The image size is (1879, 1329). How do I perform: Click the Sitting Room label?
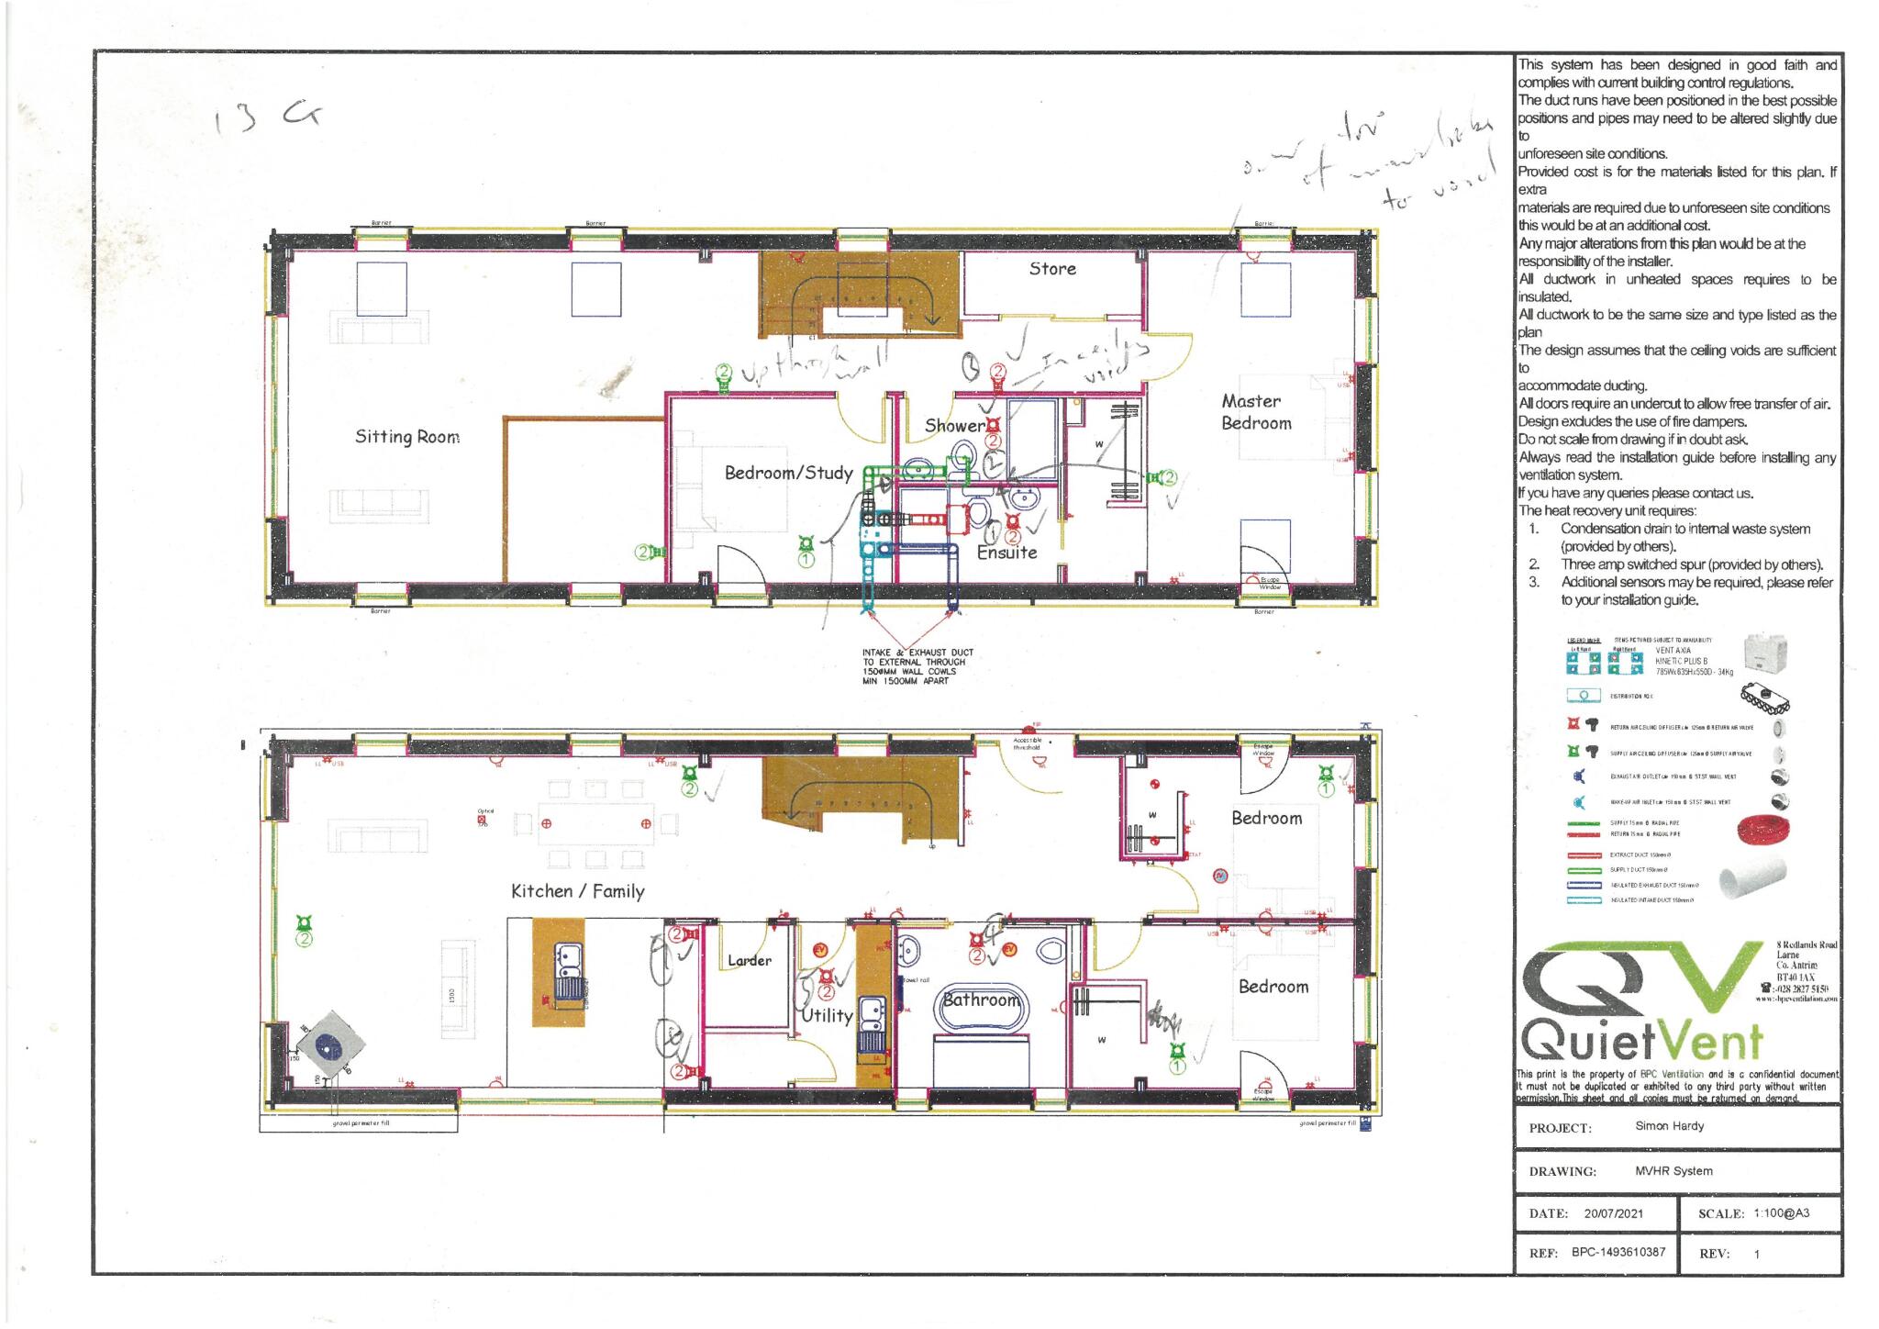pyautogui.click(x=406, y=437)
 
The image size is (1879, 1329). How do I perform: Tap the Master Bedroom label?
pyautogui.click(x=1255, y=412)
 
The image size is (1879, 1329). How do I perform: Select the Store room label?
pyautogui.click(x=1051, y=269)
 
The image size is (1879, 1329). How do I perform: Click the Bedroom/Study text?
pyautogui.click(x=788, y=473)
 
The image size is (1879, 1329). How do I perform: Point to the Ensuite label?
pyautogui.click(x=1006, y=553)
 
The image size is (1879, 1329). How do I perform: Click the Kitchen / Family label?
pyautogui.click(x=577, y=891)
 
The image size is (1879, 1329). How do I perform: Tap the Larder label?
pyautogui.click(x=749, y=961)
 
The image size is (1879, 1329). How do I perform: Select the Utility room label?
pyautogui.click(x=827, y=1016)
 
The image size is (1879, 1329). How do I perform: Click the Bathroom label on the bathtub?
pyautogui.click(x=981, y=1000)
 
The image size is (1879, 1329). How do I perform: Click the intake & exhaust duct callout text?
pyautogui.click(x=917, y=667)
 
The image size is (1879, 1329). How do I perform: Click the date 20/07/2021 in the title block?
pyautogui.click(x=1613, y=1213)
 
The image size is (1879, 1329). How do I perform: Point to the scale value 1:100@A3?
pyautogui.click(x=1781, y=1213)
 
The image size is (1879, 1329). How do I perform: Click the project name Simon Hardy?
pyautogui.click(x=1668, y=1126)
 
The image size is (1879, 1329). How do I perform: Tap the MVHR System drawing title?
pyautogui.click(x=1673, y=1171)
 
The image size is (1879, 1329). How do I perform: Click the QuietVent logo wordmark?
pyautogui.click(x=1641, y=1042)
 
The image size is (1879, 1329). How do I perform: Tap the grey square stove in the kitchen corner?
pyautogui.click(x=330, y=1045)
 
